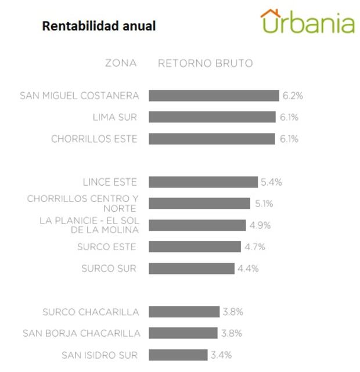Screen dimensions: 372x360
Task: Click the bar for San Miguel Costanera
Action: [214, 96]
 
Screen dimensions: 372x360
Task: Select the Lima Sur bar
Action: [212, 117]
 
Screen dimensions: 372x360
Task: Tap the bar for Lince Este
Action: [203, 182]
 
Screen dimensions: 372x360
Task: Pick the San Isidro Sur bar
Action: [178, 355]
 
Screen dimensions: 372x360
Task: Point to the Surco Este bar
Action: [195, 247]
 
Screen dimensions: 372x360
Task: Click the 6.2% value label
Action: [293, 96]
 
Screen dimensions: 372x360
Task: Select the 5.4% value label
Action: [271, 182]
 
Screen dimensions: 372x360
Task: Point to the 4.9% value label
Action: [260, 225]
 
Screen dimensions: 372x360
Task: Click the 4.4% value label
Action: [247, 268]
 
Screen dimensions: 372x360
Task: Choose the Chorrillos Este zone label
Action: [94, 139]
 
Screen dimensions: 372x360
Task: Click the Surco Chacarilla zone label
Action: [91, 312]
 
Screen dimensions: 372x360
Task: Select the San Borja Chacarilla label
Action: [81, 333]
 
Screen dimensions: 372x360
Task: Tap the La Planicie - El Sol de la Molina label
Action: [89, 225]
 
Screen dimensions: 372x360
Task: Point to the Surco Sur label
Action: [109, 268]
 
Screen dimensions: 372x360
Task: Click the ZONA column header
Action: [121, 63]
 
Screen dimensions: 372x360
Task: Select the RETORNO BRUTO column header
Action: [205, 63]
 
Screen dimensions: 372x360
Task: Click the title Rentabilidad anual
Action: [99, 27]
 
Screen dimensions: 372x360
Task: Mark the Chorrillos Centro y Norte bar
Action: [199, 204]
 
